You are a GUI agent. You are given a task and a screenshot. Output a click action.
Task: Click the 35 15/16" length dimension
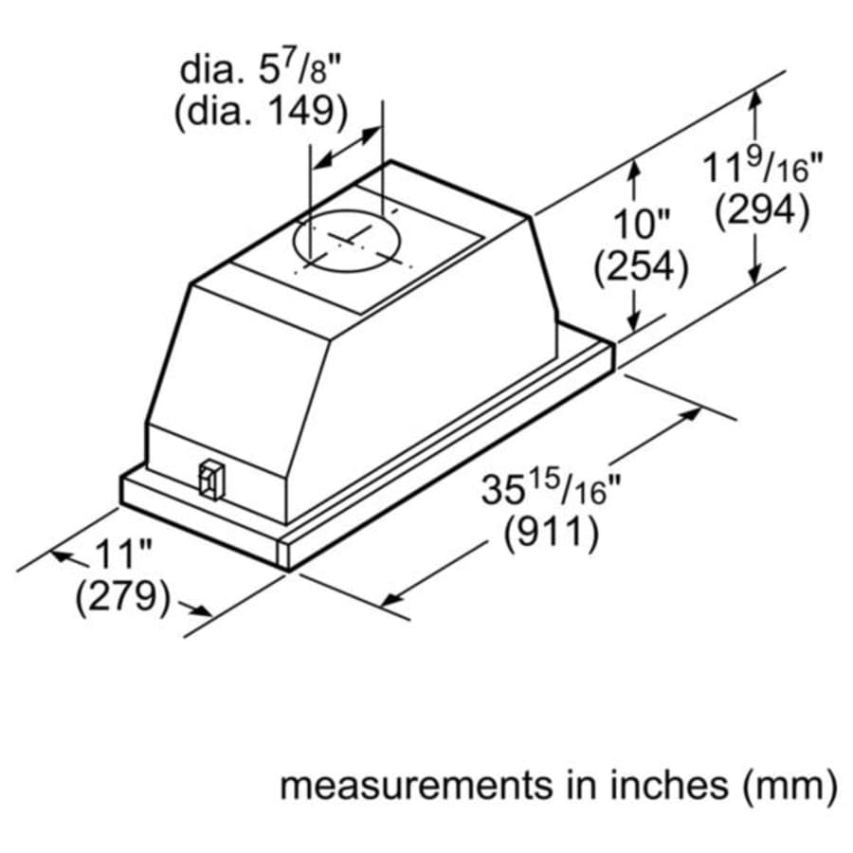[550, 491]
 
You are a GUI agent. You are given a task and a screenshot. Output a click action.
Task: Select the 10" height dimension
[640, 226]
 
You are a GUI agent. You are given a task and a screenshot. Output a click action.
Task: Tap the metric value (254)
[640, 268]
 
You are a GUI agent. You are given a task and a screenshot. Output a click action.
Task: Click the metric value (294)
[761, 211]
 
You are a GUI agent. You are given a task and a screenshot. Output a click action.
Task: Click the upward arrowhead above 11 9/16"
[754, 98]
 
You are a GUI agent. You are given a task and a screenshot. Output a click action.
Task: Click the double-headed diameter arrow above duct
[347, 148]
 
